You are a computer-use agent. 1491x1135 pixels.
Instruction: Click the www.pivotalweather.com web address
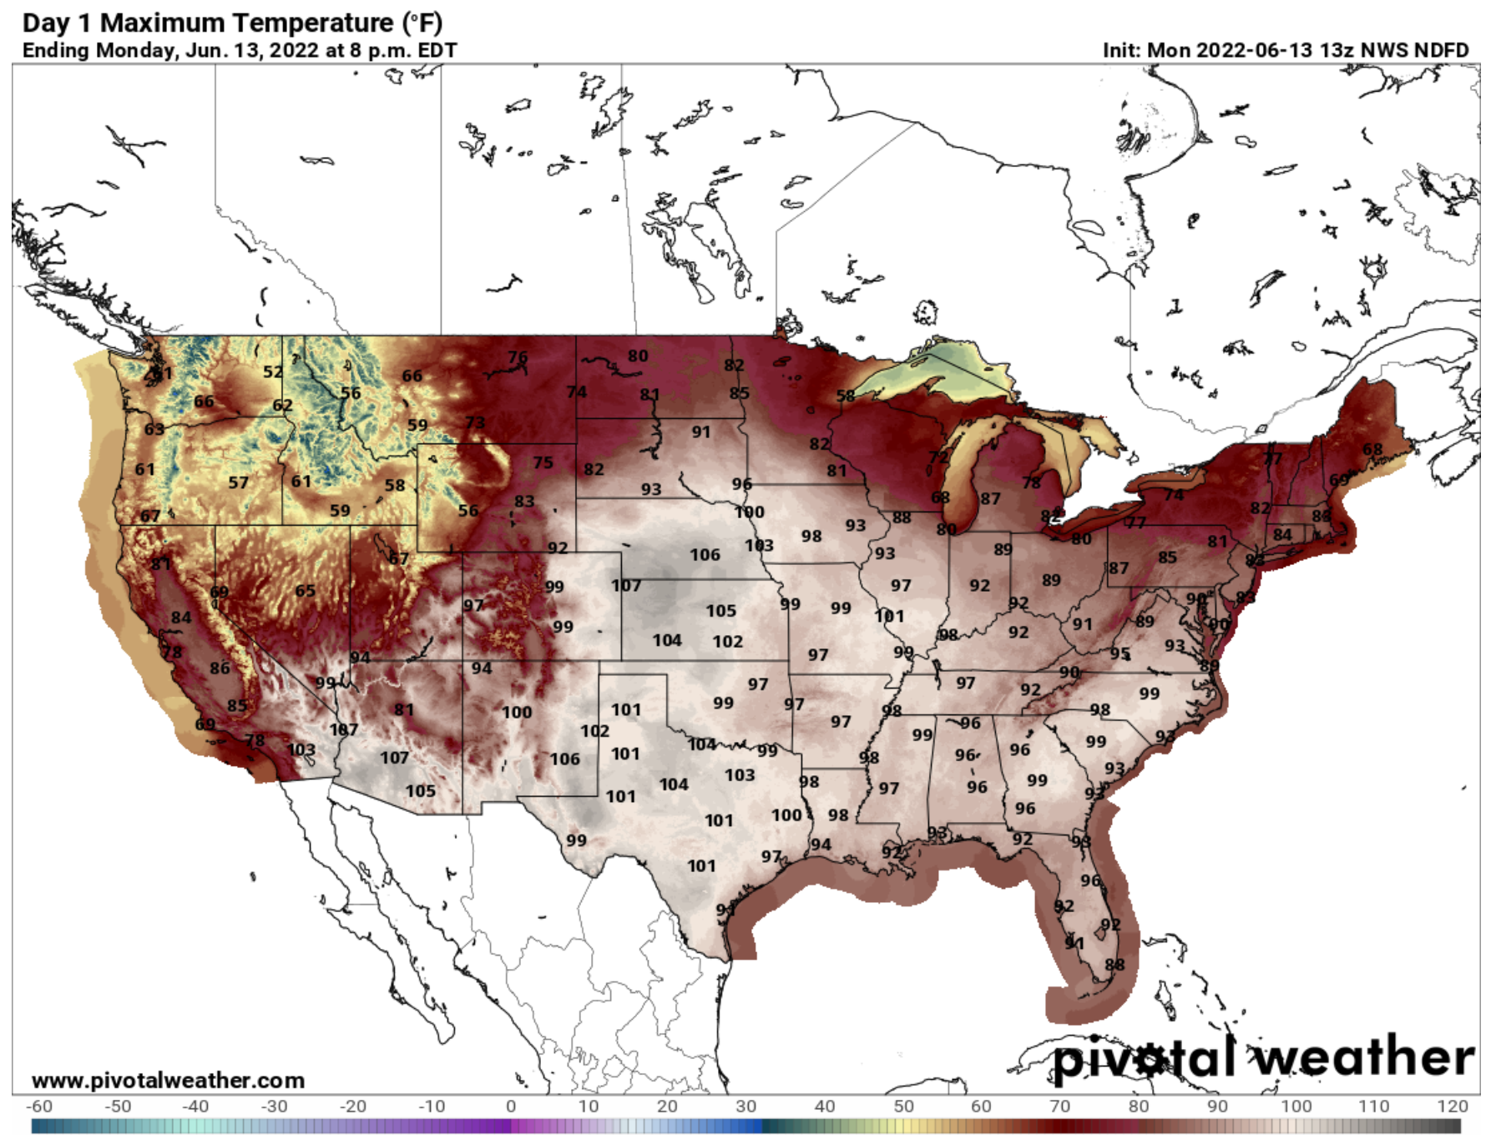point(168,1080)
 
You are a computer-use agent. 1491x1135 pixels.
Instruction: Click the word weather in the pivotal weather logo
point(1365,1058)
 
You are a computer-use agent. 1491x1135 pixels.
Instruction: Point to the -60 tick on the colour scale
point(38,1106)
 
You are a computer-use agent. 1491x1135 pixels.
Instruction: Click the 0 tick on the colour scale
point(510,1106)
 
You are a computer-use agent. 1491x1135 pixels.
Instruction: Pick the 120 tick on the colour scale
point(1452,1106)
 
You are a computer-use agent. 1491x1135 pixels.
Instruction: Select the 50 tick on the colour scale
point(902,1106)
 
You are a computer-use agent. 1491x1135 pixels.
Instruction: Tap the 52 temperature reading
point(273,372)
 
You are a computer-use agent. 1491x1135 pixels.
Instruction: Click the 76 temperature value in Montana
point(518,357)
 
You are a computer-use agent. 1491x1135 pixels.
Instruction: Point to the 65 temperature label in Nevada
point(305,591)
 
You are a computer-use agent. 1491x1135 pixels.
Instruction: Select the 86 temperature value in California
point(220,668)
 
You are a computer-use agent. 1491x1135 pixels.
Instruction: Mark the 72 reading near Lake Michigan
point(939,457)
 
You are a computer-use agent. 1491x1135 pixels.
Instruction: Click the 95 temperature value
point(1120,653)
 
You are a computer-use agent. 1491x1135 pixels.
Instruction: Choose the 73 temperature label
point(474,422)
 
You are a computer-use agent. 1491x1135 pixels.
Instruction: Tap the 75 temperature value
point(543,462)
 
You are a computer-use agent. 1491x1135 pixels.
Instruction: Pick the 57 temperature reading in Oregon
point(238,482)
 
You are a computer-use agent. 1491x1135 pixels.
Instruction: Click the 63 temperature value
point(154,430)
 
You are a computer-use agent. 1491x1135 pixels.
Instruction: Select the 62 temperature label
point(282,406)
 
